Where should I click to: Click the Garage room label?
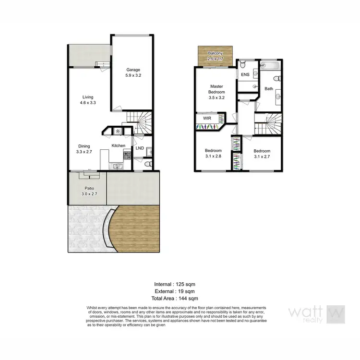133,70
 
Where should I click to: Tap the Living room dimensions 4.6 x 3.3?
87,102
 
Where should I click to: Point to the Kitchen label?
119,145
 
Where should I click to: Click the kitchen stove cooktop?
127,155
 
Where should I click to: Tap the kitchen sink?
117,166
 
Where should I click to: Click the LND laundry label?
140,148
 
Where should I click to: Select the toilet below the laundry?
149,165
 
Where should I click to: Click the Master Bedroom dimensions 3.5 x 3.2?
216,97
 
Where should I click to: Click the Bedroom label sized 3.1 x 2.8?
213,150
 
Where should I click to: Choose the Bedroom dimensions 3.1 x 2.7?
262,156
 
